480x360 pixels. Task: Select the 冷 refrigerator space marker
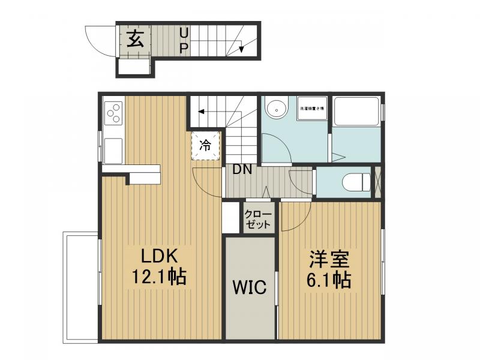tap(205, 145)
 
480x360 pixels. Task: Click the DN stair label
tap(242, 170)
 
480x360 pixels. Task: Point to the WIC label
tap(250, 287)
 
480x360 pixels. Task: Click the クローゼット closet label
tap(259, 220)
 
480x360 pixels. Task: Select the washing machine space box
tap(312, 109)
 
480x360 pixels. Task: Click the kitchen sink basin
tap(113, 151)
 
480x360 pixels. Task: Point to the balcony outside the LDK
tap(81, 288)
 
